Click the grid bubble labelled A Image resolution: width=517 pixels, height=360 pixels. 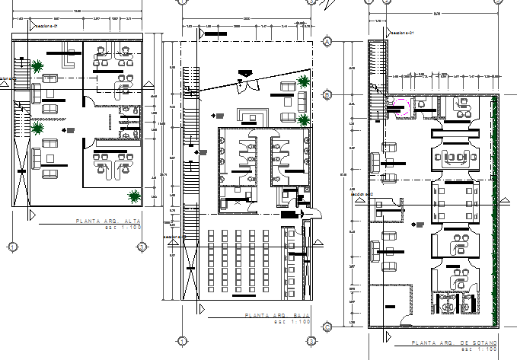(x=326, y=41)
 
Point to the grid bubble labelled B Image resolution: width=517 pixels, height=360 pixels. (x=326, y=95)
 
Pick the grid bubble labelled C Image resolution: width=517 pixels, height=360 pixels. (x=326, y=327)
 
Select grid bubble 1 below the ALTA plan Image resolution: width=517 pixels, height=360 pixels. (x=13, y=247)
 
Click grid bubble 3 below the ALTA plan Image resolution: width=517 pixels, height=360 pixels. (x=142, y=247)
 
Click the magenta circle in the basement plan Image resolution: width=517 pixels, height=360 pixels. (x=401, y=106)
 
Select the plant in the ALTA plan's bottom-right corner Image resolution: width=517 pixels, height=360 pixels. (x=135, y=196)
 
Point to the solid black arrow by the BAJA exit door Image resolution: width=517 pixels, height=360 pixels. (x=303, y=215)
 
